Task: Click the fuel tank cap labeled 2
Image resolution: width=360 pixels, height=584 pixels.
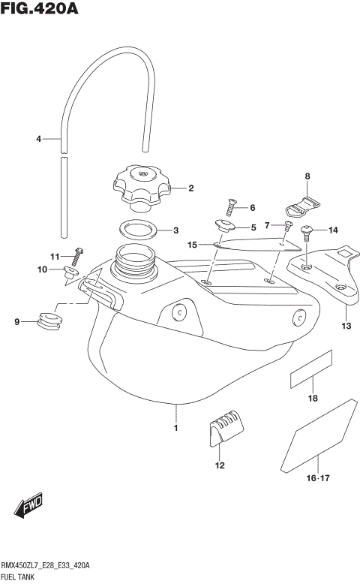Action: point(142,188)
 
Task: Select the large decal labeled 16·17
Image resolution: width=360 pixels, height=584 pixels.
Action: point(319,438)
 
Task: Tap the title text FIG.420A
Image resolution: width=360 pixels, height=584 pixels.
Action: point(39,10)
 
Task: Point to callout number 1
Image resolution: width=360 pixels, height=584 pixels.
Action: point(175,428)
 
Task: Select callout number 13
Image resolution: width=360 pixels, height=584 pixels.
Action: point(346,326)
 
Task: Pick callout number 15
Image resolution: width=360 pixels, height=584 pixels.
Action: point(192,244)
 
